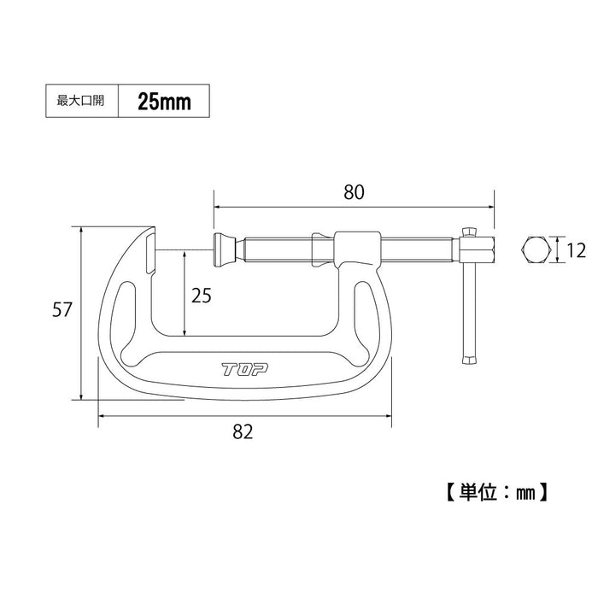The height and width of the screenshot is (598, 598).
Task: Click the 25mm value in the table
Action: click(163, 102)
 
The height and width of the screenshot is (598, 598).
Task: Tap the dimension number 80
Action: click(353, 192)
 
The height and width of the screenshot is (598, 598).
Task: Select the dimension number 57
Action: click(60, 311)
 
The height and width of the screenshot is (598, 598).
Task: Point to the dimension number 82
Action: click(243, 432)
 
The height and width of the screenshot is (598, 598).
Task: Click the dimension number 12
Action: click(577, 250)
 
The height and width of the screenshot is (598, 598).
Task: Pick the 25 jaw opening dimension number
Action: click(202, 296)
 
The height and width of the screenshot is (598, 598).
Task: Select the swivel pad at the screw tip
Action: click(223, 249)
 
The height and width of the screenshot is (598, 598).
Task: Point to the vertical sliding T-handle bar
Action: click(469, 299)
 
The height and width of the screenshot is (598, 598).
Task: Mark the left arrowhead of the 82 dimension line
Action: click(103, 416)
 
